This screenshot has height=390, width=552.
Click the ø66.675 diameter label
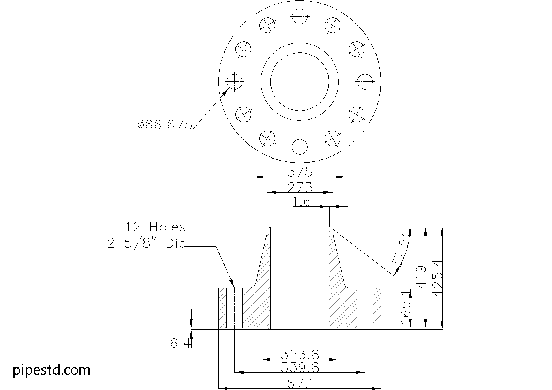point(165,124)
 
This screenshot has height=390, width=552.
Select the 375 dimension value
point(300,172)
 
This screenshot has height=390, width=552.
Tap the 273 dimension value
point(300,187)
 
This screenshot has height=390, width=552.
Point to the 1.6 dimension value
point(302,201)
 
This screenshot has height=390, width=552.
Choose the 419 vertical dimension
point(421,277)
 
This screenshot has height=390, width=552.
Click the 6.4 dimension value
point(180,343)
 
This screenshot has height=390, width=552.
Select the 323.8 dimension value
point(300,355)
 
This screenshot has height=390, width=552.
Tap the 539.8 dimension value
point(300,367)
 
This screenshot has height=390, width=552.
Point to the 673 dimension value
point(300,383)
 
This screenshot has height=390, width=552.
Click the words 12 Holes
point(155,227)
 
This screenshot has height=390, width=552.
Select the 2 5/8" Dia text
point(146,243)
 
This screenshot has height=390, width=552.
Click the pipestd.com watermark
point(51,370)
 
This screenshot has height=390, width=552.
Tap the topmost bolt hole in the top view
point(300,16)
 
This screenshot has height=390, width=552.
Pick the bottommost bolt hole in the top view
point(300,146)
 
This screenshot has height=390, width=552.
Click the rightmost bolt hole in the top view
point(364,81)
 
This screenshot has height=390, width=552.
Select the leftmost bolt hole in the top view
point(235,81)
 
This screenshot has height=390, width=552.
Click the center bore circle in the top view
point(300,81)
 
